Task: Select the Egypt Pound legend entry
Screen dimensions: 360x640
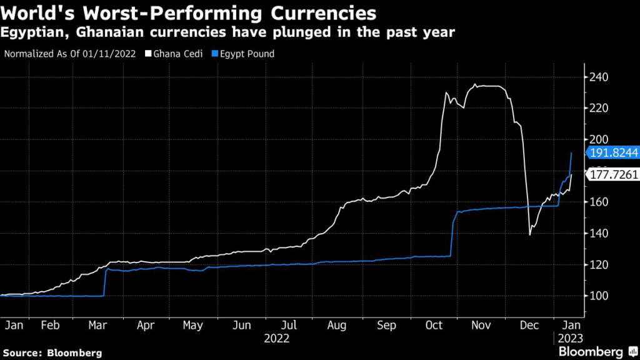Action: pyautogui.click(x=242, y=54)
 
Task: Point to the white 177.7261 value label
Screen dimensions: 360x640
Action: pyautogui.click(x=611, y=176)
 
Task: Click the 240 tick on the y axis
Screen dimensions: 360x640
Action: pyautogui.click(x=598, y=77)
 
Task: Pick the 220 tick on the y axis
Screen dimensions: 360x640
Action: pyautogui.click(x=598, y=109)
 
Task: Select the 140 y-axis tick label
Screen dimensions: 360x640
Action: pyautogui.click(x=598, y=233)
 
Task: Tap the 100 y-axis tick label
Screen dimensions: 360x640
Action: pyautogui.click(x=598, y=296)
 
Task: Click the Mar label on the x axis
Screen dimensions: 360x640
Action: pyautogui.click(x=97, y=325)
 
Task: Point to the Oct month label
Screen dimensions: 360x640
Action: pyautogui.click(x=435, y=325)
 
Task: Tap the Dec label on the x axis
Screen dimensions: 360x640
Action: pyautogui.click(x=530, y=325)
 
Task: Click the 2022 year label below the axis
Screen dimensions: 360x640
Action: pyautogui.click(x=276, y=338)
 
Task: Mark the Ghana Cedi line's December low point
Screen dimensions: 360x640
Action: pyautogui.click(x=530, y=235)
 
